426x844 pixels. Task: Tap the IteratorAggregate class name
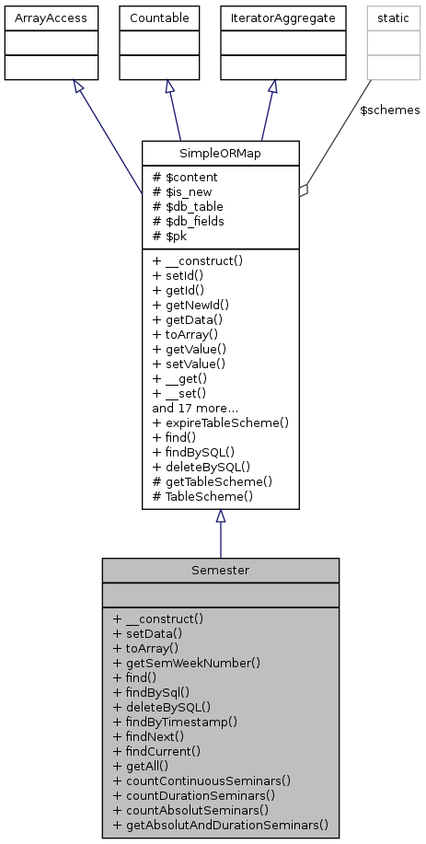point(272,17)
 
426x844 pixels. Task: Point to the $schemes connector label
point(389,110)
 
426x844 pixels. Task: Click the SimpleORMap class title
point(220,152)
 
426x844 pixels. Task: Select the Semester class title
point(220,570)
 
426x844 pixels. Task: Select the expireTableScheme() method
point(221,422)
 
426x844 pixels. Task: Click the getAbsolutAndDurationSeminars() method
point(220,825)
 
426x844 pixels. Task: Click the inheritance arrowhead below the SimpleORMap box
point(220,517)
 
